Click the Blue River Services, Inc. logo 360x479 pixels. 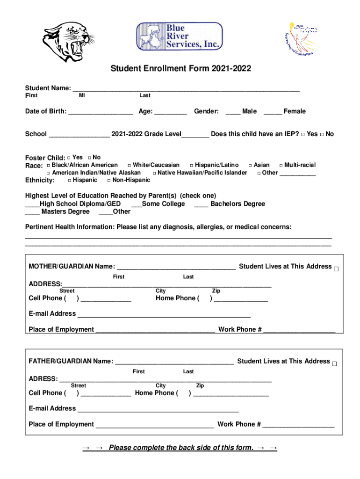pos(179,37)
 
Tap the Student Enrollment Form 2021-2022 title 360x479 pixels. pos(180,69)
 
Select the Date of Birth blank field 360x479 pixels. pos(101,111)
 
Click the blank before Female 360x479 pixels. pos(273,111)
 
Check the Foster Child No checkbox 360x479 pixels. pos(90,158)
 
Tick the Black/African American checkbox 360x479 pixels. pos(48,166)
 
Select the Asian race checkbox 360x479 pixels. pos(250,166)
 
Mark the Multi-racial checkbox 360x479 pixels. pos(281,166)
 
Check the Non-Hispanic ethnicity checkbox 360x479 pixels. pos(109,181)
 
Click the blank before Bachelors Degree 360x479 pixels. pos(201,204)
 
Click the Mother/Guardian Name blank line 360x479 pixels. pos(176,267)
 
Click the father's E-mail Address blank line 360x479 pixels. pos(158,409)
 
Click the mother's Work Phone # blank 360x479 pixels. pos(299,330)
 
